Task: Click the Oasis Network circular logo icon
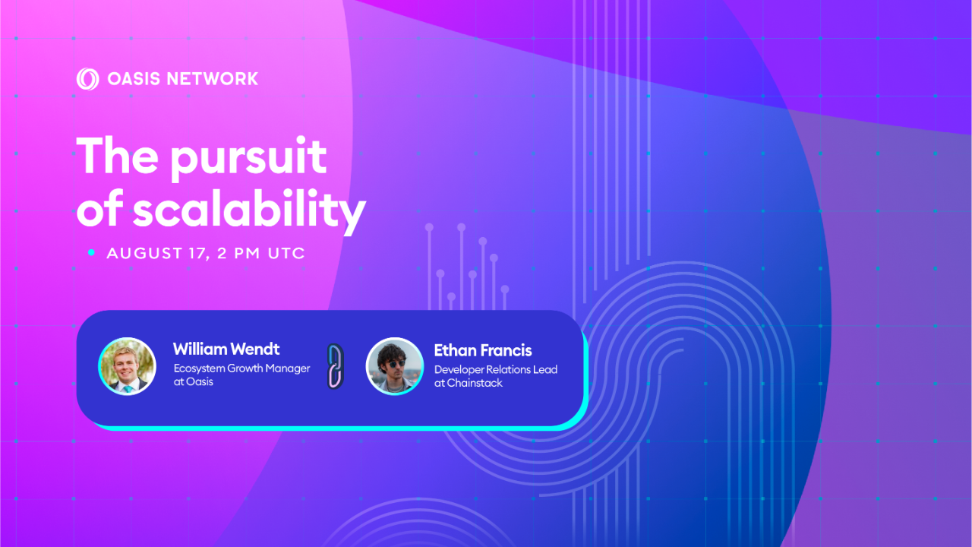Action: (x=87, y=79)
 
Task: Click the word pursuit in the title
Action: (x=248, y=158)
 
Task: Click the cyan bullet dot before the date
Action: (x=91, y=253)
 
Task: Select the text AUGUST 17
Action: (x=156, y=254)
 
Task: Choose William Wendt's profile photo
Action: (x=127, y=366)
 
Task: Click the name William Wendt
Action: (x=226, y=349)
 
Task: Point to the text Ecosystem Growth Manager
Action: (x=241, y=368)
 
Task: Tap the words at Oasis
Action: (x=194, y=381)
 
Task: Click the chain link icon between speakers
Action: (x=335, y=366)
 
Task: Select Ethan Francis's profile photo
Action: (x=394, y=366)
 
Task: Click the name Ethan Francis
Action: (x=483, y=350)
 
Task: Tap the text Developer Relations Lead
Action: (x=496, y=369)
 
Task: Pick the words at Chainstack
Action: (x=469, y=383)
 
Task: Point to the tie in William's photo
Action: (x=128, y=387)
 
